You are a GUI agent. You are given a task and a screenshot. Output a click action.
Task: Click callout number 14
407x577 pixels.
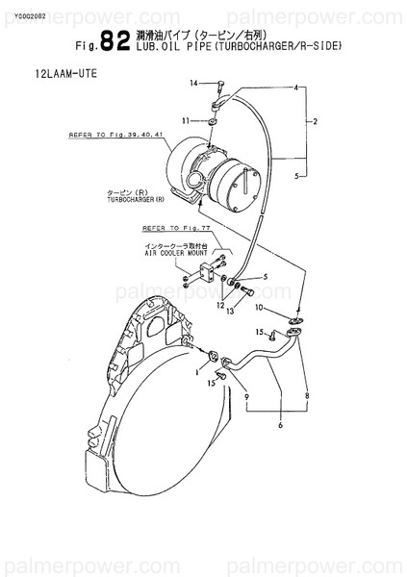pyautogui.click(x=193, y=85)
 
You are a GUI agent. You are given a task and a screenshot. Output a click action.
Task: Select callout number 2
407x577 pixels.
pyautogui.click(x=315, y=123)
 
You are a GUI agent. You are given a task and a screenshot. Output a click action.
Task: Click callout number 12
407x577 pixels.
pyautogui.click(x=219, y=304)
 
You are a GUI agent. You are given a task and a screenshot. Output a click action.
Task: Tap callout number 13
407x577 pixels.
pyautogui.click(x=231, y=312)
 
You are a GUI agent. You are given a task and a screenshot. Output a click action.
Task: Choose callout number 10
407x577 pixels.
pyautogui.click(x=258, y=307)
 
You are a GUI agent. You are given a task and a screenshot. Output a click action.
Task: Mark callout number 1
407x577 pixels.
pyautogui.click(x=196, y=369)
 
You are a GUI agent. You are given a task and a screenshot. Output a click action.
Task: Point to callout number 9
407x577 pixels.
pyautogui.click(x=246, y=397)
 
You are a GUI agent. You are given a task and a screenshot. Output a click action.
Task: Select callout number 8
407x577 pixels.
pyautogui.click(x=307, y=395)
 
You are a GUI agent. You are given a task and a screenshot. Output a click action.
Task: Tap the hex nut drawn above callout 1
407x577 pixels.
pyautogui.click(x=212, y=360)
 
